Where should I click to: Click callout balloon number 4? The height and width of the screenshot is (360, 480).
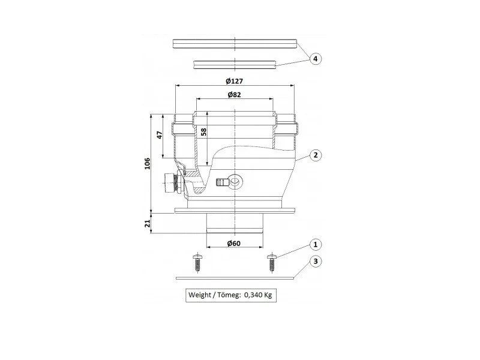click(316, 58)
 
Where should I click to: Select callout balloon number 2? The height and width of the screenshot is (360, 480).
click(316, 155)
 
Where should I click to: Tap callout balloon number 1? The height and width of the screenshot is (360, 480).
click(316, 244)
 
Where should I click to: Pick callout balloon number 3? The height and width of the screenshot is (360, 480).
click(316, 261)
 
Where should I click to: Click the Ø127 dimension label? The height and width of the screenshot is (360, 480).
click(235, 81)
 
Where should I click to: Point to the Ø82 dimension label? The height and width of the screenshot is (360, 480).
click(235, 95)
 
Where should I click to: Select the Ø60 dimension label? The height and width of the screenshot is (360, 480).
click(234, 244)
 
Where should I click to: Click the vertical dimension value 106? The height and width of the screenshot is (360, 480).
click(147, 163)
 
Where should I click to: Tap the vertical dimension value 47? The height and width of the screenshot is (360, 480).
click(159, 134)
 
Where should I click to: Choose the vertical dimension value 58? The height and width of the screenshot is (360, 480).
click(203, 132)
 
